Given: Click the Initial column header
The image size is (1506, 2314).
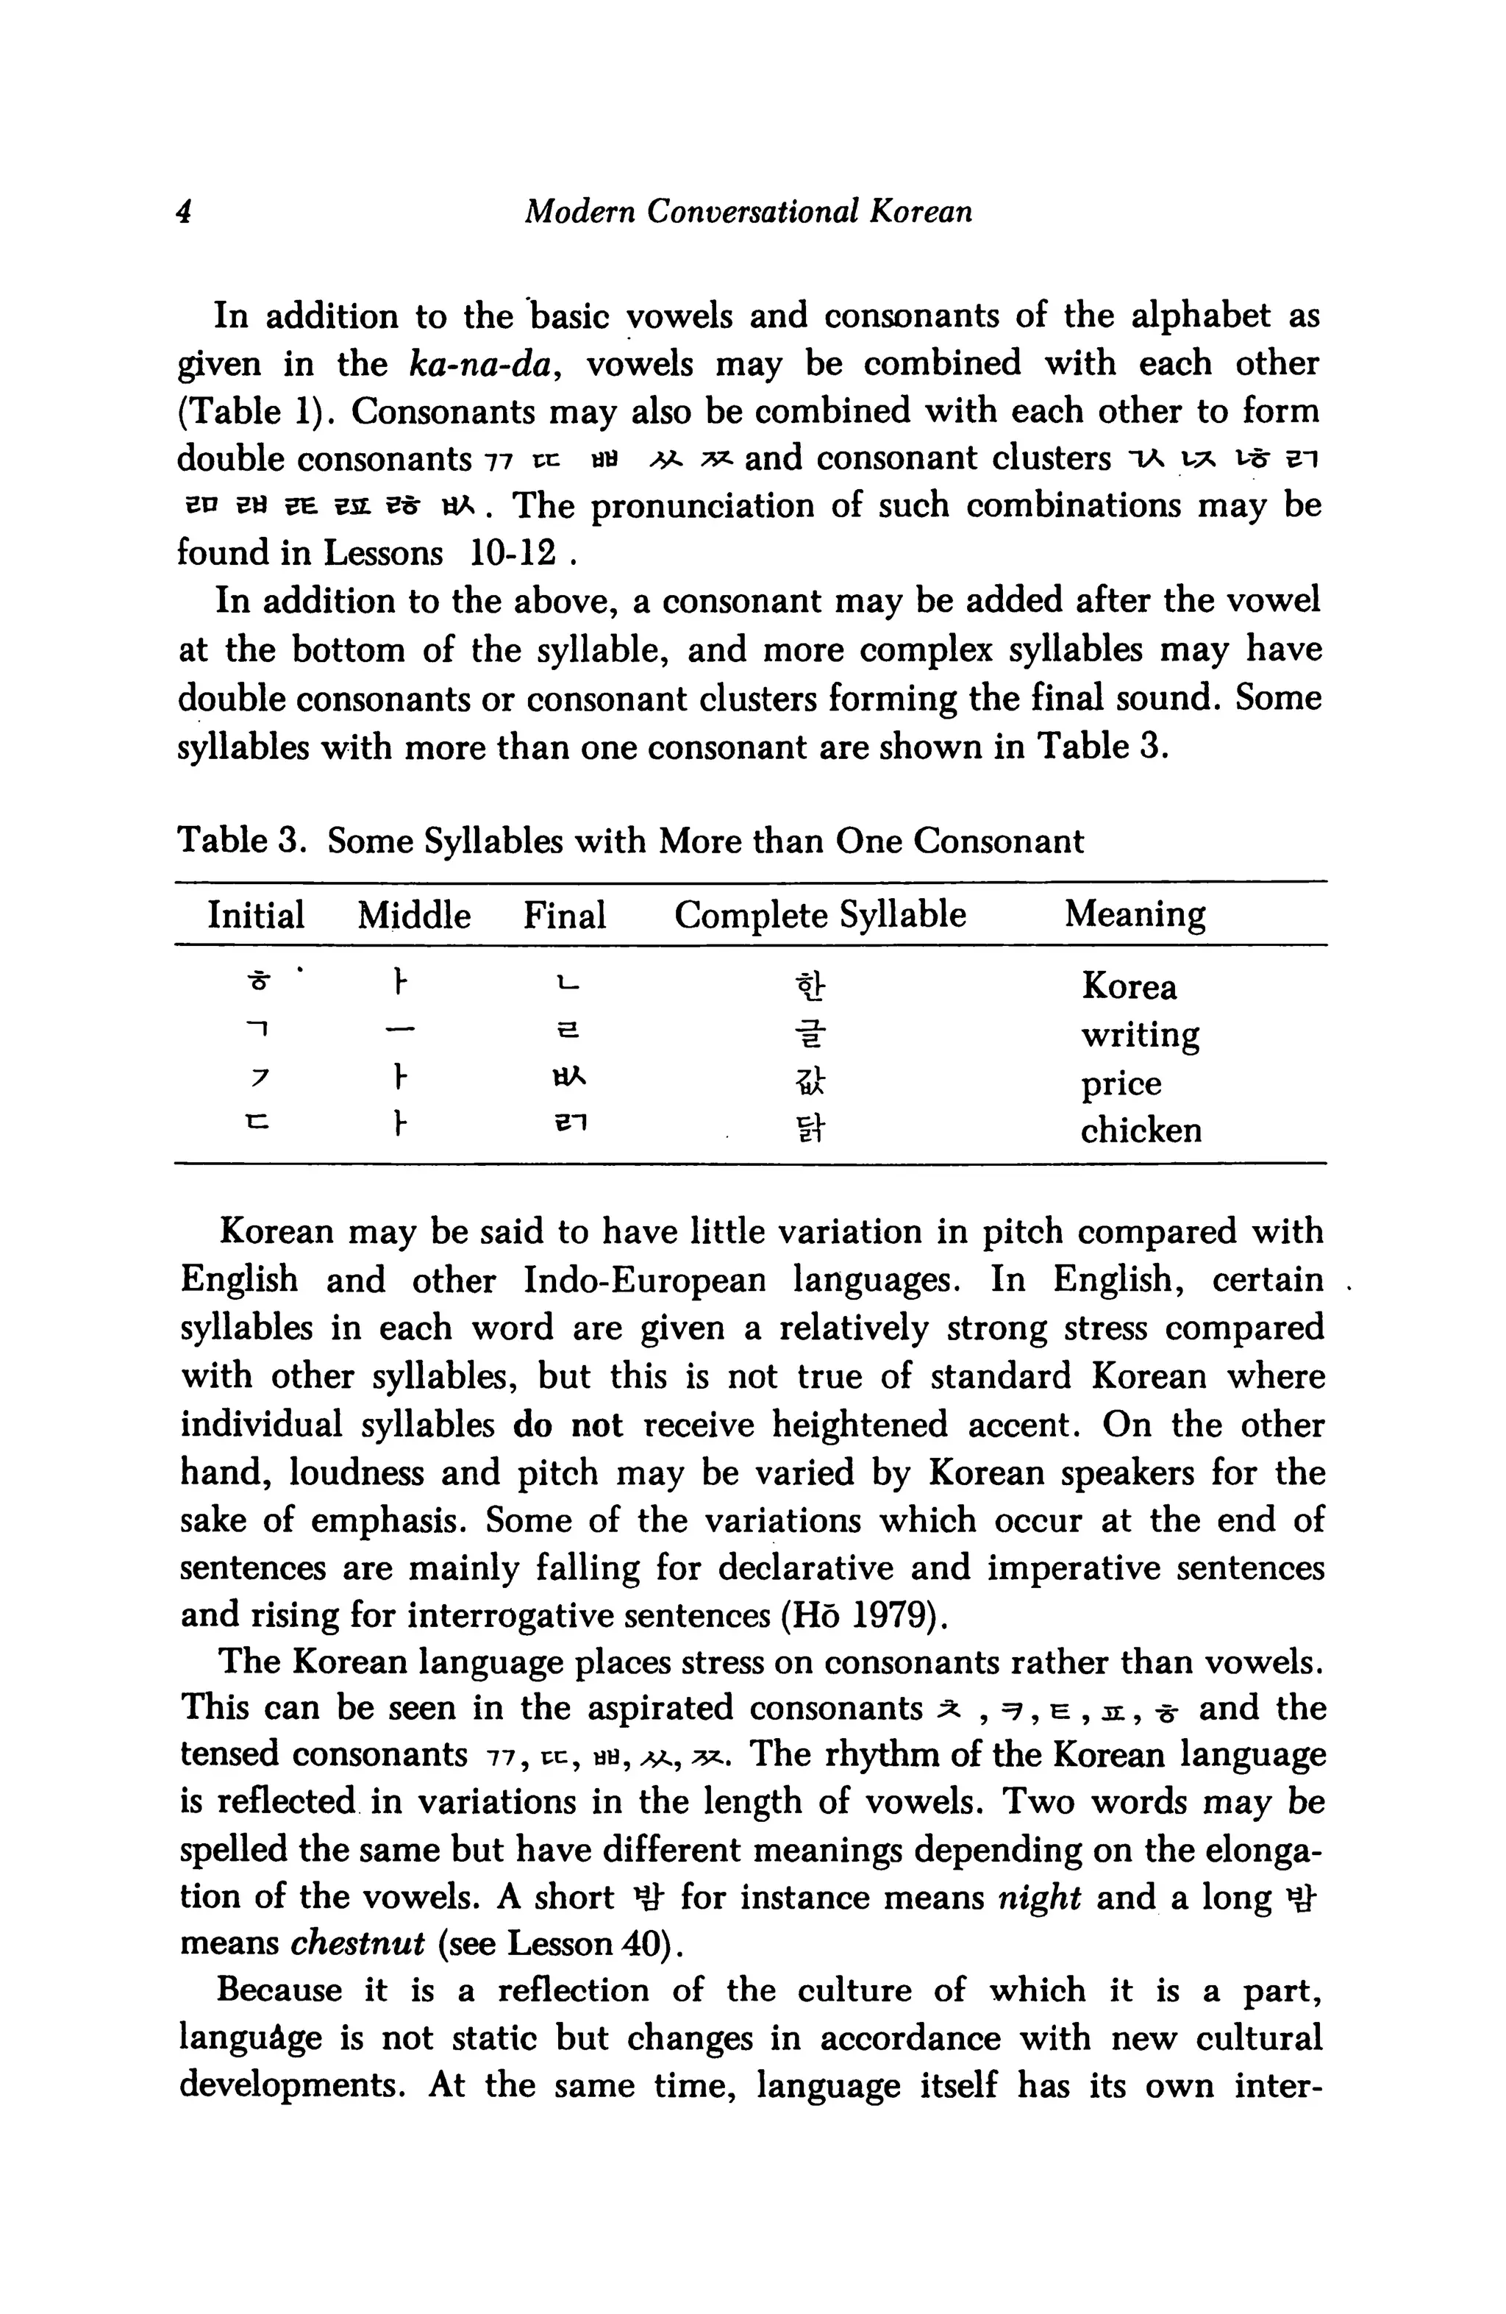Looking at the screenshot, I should click(x=256, y=915).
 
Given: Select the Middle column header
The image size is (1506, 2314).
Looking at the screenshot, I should click(x=414, y=915).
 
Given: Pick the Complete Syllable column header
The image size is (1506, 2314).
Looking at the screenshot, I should click(x=820, y=915).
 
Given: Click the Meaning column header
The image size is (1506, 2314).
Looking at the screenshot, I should click(x=1135, y=915).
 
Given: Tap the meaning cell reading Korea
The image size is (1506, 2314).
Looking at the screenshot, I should click(x=1129, y=987).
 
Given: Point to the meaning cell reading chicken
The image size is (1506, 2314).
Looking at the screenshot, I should click(x=1141, y=1130).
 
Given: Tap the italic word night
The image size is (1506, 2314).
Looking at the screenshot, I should click(x=1039, y=1896).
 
